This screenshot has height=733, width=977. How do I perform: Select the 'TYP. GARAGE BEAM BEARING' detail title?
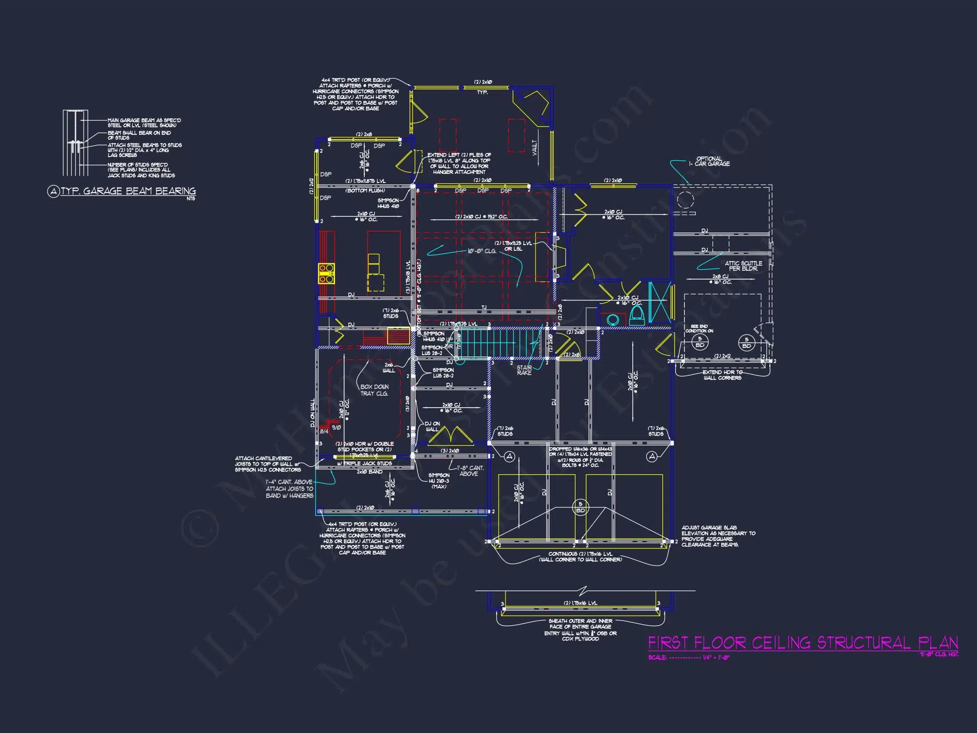click(128, 191)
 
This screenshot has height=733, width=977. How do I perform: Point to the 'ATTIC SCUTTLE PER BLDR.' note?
click(743, 266)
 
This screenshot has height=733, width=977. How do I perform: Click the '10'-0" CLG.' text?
click(482, 251)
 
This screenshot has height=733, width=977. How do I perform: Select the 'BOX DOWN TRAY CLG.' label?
click(374, 390)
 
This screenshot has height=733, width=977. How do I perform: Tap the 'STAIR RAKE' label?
click(524, 370)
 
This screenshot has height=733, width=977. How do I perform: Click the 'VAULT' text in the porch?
click(534, 147)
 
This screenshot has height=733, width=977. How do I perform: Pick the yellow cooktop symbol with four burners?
click(327, 273)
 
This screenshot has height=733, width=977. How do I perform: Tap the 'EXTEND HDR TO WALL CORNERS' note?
click(722, 375)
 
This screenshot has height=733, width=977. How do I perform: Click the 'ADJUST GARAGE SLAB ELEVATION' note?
click(718, 536)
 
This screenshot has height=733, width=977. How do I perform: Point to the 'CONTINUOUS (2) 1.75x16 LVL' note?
click(581, 557)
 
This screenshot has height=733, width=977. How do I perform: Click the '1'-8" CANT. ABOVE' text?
click(469, 470)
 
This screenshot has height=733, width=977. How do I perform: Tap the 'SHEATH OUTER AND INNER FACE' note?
click(581, 629)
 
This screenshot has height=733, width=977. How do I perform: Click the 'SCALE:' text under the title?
click(657, 657)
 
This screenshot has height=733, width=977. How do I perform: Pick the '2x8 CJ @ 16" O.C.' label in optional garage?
click(720, 279)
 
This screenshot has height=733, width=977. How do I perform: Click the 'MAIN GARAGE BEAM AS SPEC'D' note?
click(144, 123)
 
